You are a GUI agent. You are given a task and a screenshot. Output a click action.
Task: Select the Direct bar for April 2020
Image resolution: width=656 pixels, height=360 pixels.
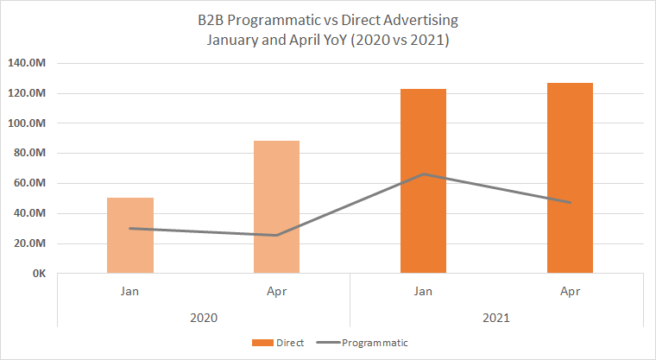pyautogui.click(x=276, y=207)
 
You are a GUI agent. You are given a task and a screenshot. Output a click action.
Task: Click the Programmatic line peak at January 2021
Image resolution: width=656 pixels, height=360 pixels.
pyautogui.click(x=423, y=174)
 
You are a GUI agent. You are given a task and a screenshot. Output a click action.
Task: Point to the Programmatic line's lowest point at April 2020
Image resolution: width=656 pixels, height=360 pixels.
pyautogui.click(x=276, y=235)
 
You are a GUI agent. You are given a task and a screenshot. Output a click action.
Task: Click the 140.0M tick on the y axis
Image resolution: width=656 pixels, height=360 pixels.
pyautogui.click(x=28, y=64)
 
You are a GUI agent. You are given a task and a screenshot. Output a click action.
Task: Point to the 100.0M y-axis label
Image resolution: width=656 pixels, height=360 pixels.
pyautogui.click(x=28, y=123)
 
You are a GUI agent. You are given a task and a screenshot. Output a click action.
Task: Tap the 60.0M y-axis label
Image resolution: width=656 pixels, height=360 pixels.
pyautogui.click(x=30, y=184)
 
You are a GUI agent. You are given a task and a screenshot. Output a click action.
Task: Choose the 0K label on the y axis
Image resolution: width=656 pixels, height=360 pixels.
pyautogui.click(x=39, y=274)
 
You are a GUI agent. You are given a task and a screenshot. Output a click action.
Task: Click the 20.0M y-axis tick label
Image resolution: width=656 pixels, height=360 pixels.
pyautogui.click(x=30, y=243)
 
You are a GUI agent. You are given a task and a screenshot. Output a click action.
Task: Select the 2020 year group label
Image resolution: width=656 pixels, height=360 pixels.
pyautogui.click(x=204, y=318)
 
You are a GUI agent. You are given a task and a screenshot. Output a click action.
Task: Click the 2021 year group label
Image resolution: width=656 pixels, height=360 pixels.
pyautogui.click(x=496, y=318)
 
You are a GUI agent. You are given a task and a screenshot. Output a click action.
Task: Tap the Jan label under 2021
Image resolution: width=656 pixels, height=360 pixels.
pyautogui.click(x=423, y=292)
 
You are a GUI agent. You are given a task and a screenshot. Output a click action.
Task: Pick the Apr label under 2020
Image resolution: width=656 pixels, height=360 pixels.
pyautogui.click(x=276, y=292)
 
